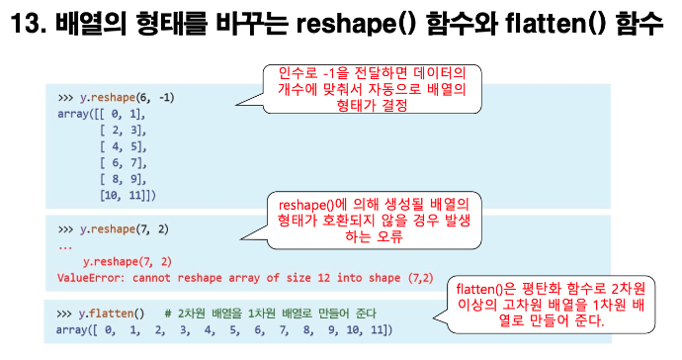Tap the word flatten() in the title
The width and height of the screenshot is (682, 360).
click(x=555, y=24)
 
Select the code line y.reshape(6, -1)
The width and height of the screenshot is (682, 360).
click(x=127, y=98)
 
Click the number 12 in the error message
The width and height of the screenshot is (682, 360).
click(x=323, y=278)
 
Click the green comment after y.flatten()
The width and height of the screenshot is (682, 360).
click(x=270, y=314)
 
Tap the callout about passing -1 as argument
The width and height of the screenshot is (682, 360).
click(x=372, y=89)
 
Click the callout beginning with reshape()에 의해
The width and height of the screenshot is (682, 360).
click(x=374, y=221)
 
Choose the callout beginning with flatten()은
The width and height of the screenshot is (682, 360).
click(x=551, y=305)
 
